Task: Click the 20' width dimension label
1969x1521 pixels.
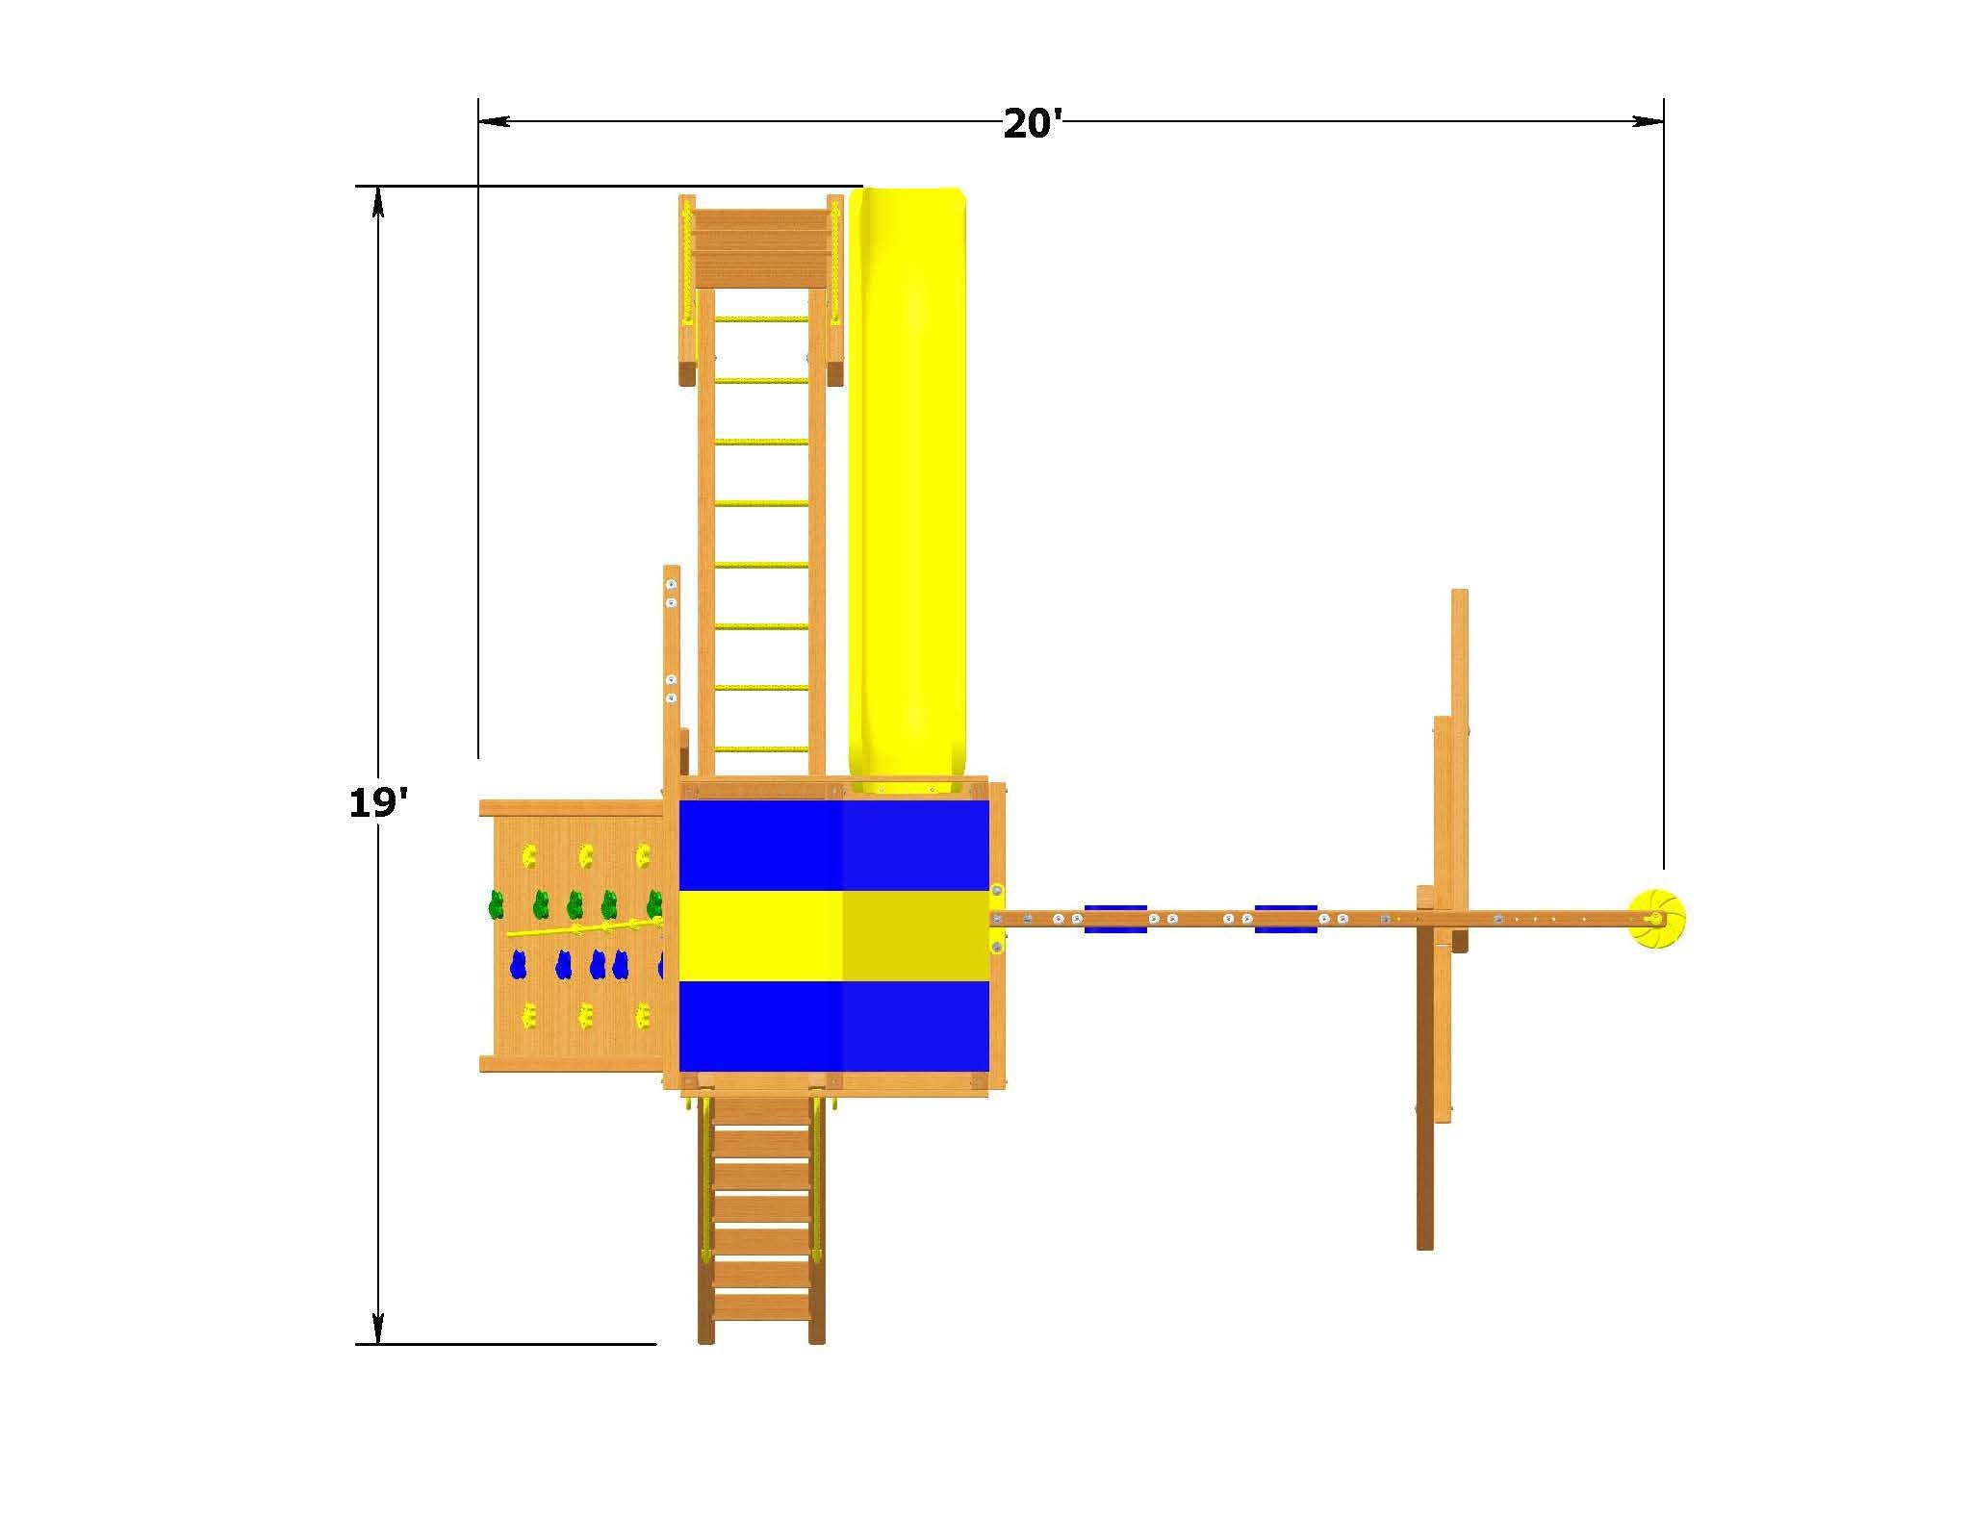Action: click(x=1033, y=124)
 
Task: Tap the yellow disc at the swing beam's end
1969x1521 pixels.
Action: click(x=1656, y=919)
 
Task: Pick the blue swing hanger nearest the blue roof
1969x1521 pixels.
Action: click(x=1115, y=919)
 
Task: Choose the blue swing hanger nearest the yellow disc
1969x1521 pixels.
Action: click(x=1286, y=919)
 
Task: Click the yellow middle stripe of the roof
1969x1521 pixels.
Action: click(x=834, y=936)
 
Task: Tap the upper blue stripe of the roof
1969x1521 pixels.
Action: click(x=834, y=846)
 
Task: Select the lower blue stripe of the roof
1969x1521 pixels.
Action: click(x=834, y=1026)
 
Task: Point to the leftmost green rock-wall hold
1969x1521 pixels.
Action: click(x=497, y=904)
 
